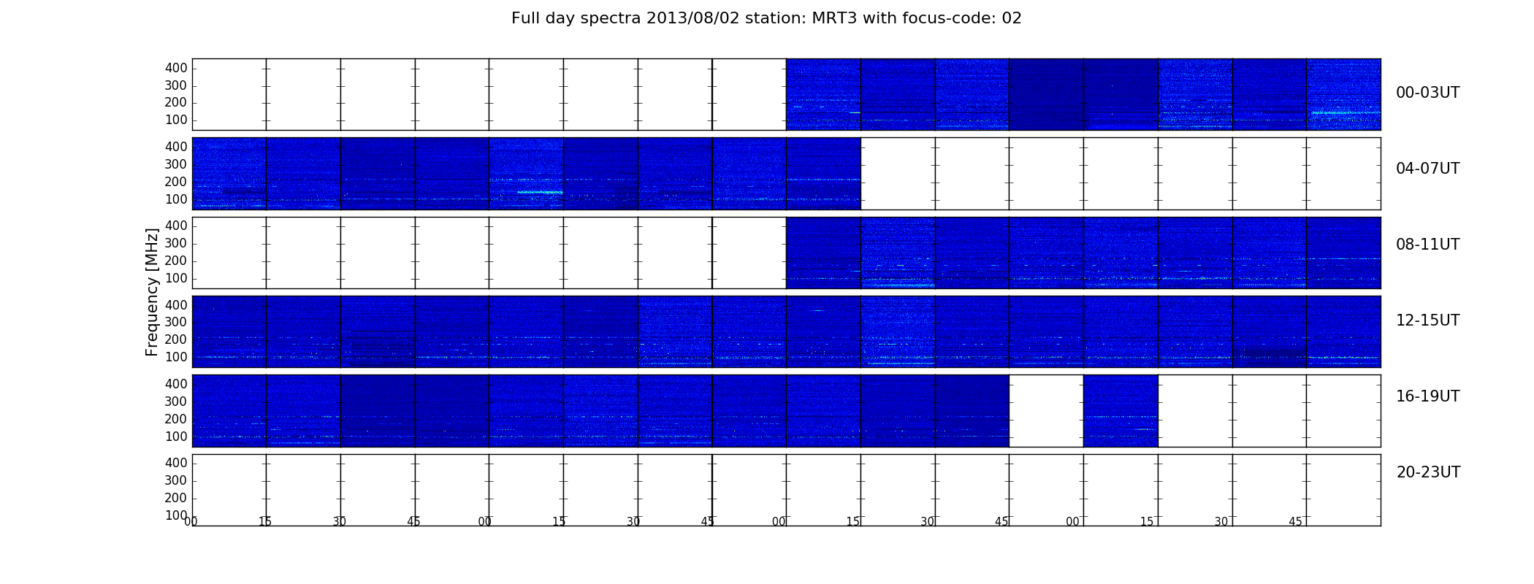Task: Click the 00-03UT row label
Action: coord(1427,93)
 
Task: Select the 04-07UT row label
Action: coord(1427,169)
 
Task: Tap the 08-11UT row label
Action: coord(1427,245)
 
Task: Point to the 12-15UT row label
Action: coord(1427,320)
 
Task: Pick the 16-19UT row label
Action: coord(1427,396)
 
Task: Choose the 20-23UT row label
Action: coord(1428,472)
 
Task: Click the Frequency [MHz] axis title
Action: coord(152,292)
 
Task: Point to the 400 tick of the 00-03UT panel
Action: coord(176,68)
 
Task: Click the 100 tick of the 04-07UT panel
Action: coord(176,199)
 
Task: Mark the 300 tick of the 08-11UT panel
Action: coord(176,243)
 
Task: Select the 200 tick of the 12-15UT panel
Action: coord(176,339)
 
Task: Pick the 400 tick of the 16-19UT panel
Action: coord(176,384)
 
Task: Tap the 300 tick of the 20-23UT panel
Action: coord(176,480)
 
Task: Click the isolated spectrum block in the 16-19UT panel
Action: coord(1121,411)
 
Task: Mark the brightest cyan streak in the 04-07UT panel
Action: coord(540,192)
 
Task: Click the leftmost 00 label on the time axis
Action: coord(191,521)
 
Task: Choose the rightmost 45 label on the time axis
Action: coord(1295,521)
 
